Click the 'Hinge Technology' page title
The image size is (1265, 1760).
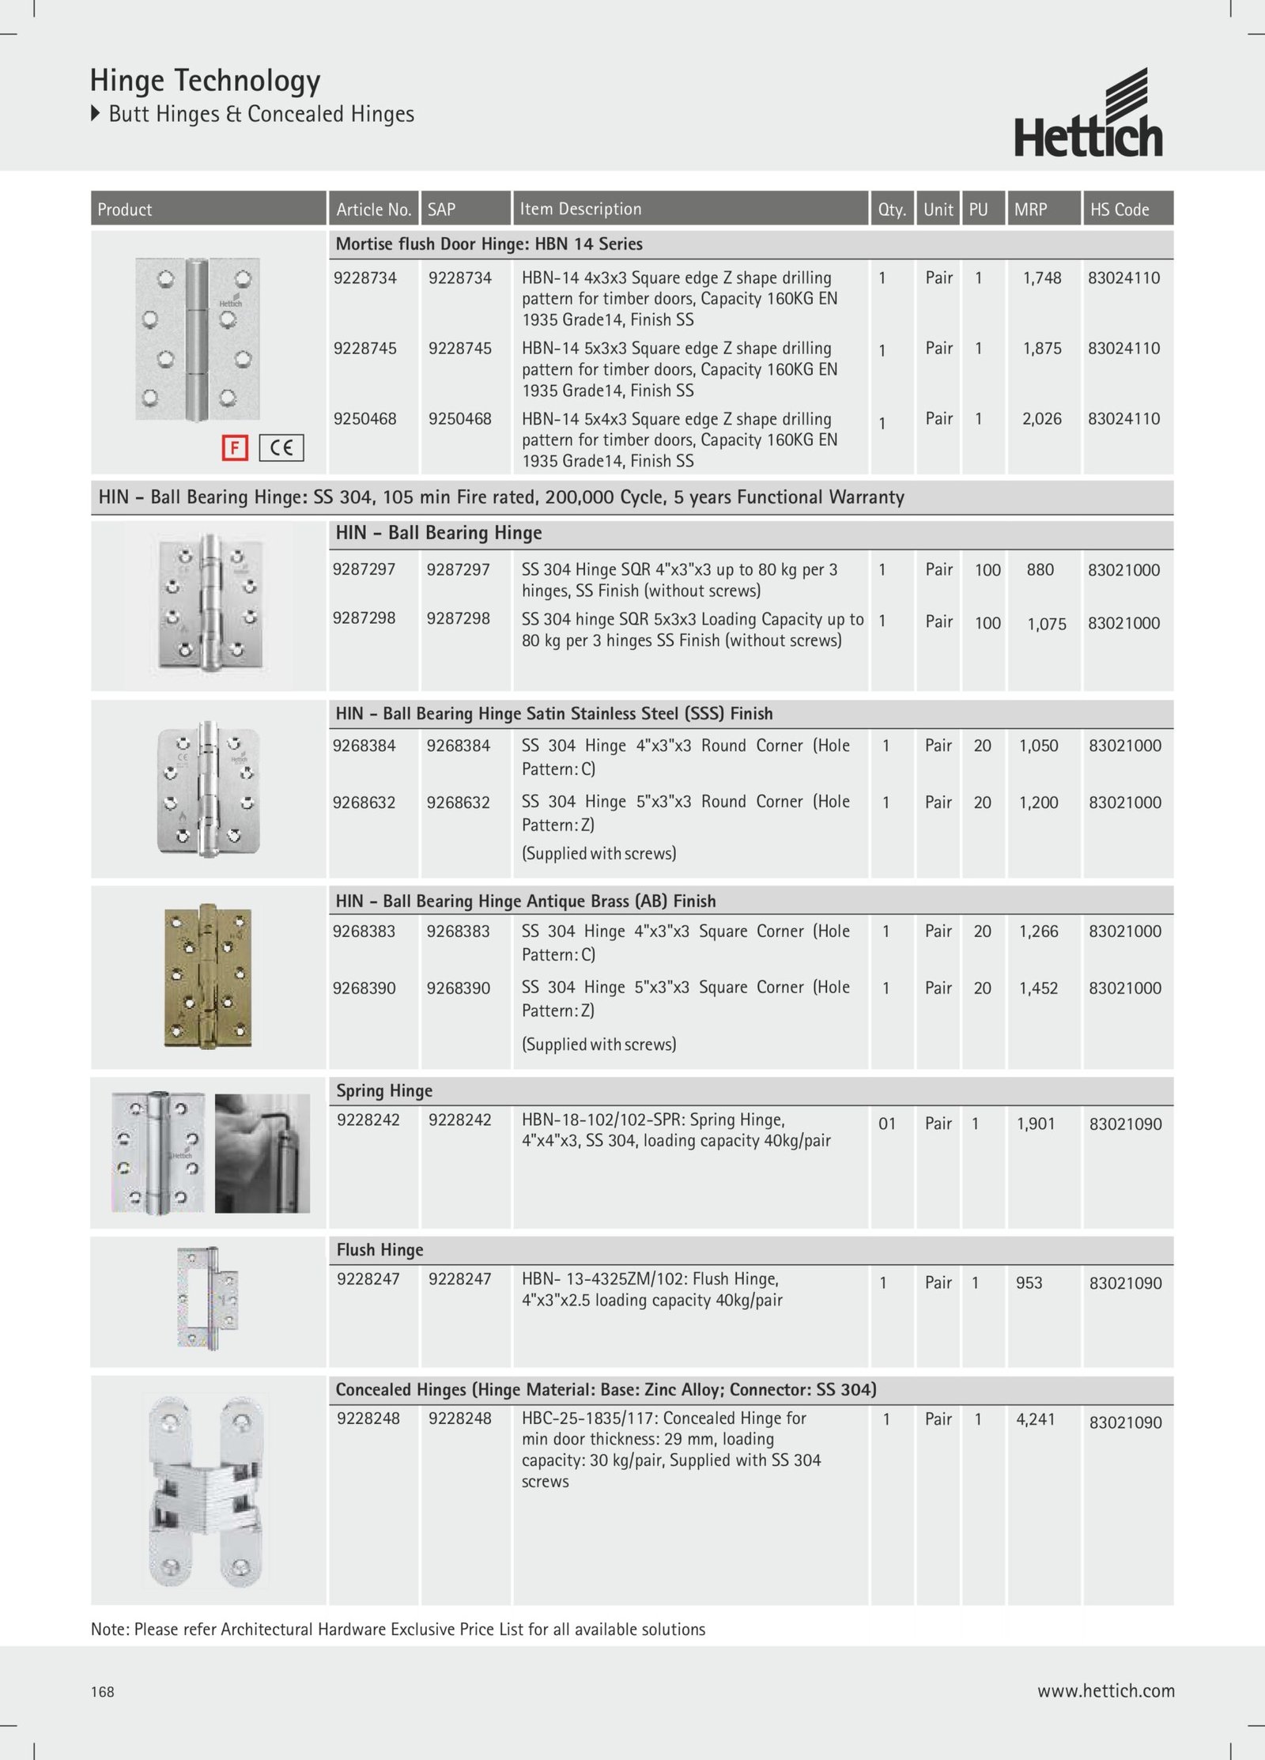pos(205,81)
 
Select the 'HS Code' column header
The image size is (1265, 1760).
pos(1119,210)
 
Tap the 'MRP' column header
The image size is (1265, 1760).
pos(1030,210)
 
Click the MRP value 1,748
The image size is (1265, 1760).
pos(1041,278)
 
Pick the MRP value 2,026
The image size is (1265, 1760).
pos(1041,419)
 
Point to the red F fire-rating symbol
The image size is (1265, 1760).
pos(235,448)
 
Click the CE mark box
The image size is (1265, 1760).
pos(281,448)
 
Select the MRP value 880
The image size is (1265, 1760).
pos(1040,570)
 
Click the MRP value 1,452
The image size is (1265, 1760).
pos(1039,988)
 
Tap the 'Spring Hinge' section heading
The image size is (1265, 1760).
pos(384,1091)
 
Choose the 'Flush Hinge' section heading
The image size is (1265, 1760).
pos(379,1250)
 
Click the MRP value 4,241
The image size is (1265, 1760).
pos(1035,1419)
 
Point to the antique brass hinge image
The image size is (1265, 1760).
pos(208,976)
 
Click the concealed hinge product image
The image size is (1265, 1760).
pos(207,1491)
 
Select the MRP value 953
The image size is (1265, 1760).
pos(1029,1283)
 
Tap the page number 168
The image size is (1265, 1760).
pos(103,1692)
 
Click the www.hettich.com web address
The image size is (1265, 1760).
pos(1105,1691)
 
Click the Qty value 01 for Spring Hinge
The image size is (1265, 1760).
pos(887,1124)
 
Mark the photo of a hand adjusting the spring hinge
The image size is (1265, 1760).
pos(262,1153)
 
